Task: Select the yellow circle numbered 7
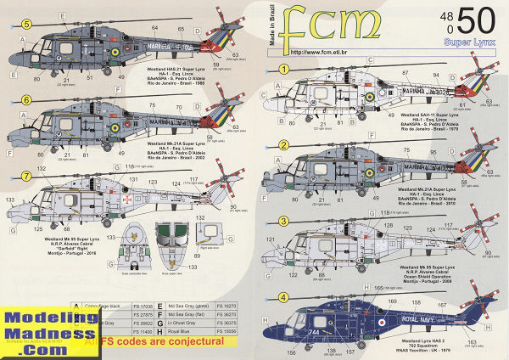coord(26,176)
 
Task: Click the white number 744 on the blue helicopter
coord(323,330)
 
